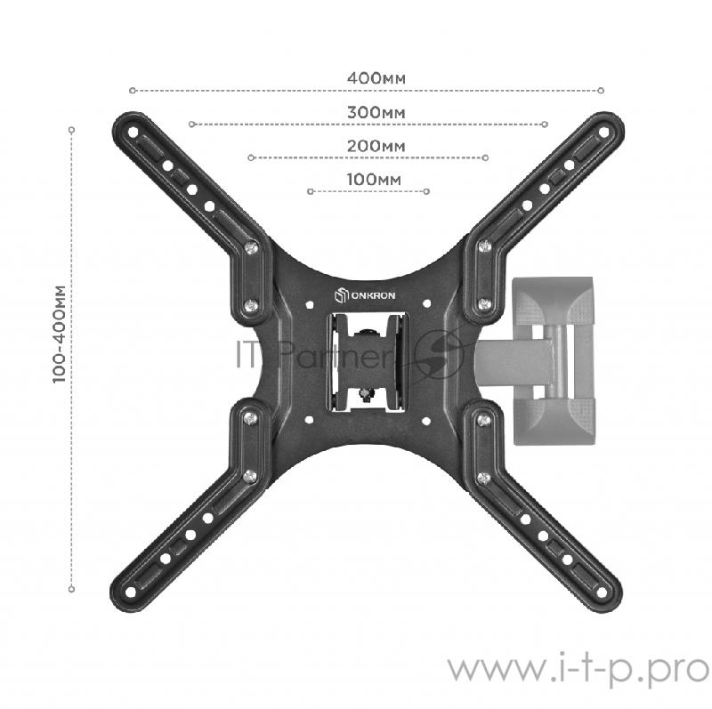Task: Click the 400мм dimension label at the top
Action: (376, 78)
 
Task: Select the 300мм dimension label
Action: (376, 112)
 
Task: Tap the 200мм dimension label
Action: (376, 146)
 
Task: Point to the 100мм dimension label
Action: (374, 180)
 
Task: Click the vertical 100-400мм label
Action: (59, 334)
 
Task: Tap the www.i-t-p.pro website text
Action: (578, 670)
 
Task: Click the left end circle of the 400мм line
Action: (132, 91)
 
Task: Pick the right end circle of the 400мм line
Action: (601, 91)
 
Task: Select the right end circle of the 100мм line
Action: (426, 191)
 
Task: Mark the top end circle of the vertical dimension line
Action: (71, 130)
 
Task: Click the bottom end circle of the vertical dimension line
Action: (71, 589)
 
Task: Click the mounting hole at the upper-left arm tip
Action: (133, 133)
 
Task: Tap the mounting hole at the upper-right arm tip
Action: (604, 133)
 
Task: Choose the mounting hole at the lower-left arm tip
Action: (130, 592)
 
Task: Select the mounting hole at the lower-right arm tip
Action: (602, 592)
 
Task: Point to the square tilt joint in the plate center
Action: (368, 362)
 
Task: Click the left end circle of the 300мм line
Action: (191, 124)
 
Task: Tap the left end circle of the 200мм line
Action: (251, 157)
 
